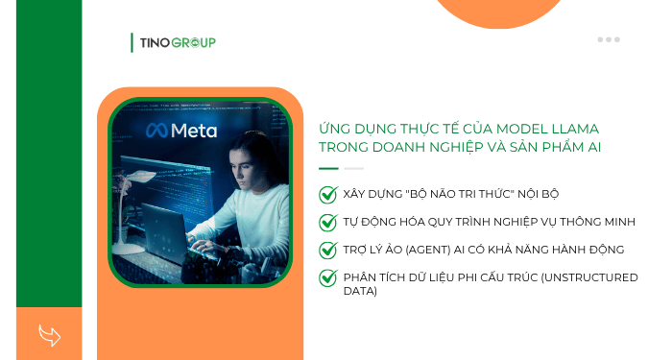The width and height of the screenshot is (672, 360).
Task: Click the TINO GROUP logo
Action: pyautogui.click(x=174, y=42)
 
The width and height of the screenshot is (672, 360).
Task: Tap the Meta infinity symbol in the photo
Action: pyautogui.click(x=156, y=132)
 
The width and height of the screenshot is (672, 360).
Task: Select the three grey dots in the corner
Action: pyautogui.click(x=608, y=39)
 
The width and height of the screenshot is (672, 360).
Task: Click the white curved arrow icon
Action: pyautogui.click(x=49, y=335)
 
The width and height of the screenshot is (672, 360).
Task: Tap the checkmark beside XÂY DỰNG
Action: pyautogui.click(x=327, y=194)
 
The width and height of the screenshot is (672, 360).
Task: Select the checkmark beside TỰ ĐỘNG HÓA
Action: pyautogui.click(x=327, y=222)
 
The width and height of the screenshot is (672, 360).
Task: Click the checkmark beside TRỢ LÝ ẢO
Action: pyautogui.click(x=327, y=250)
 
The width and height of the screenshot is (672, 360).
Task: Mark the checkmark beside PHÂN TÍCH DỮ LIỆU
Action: pyautogui.click(x=327, y=277)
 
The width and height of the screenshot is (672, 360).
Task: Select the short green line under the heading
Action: pyautogui.click(x=328, y=168)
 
